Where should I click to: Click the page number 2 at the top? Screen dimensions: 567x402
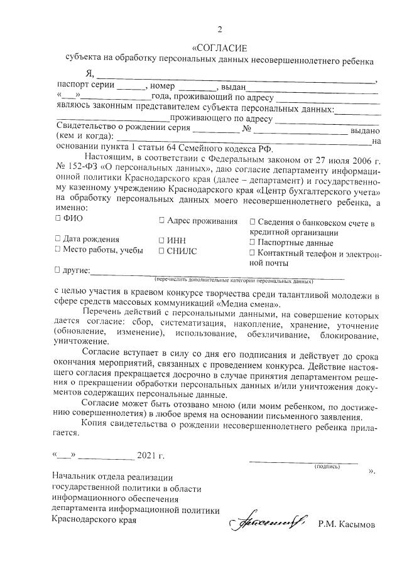tap(220, 29)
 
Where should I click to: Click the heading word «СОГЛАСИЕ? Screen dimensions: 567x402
tap(220, 48)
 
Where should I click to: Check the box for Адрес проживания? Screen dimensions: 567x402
tap(161, 221)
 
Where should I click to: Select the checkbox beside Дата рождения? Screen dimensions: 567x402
tap(58, 239)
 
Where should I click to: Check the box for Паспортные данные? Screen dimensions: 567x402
tap(253, 242)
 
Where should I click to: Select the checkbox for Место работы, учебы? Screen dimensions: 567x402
tap(58, 250)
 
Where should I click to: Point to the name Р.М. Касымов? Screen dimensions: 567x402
tap(345, 523)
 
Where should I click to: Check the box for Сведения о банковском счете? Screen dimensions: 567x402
tap(253, 222)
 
